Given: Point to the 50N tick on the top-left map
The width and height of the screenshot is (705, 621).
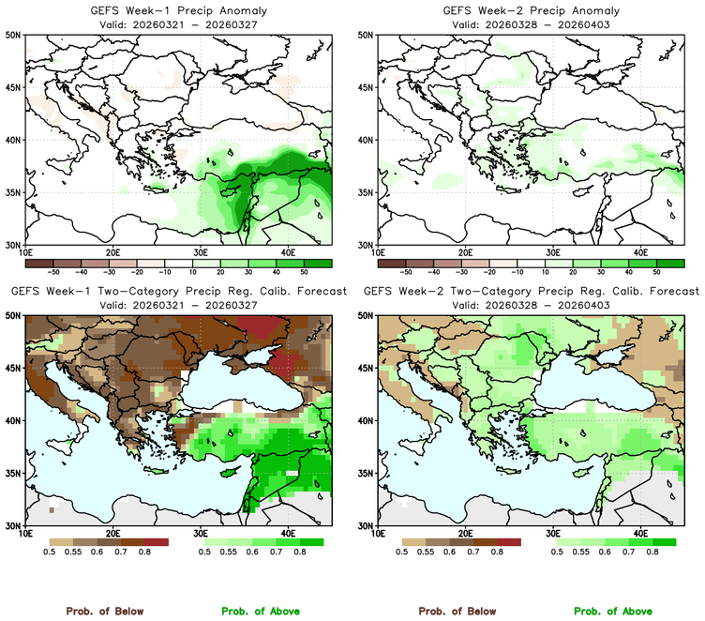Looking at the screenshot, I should [x=16, y=35].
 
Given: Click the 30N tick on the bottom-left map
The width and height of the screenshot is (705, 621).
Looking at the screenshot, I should [x=16, y=525].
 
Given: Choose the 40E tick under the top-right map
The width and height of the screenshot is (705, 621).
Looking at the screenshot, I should [x=641, y=252].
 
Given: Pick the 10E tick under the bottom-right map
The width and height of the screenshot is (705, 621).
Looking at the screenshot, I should [x=378, y=534].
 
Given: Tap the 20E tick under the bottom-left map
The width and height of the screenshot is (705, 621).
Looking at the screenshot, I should [x=112, y=534].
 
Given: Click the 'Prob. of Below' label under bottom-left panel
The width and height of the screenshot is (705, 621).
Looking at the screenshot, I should [x=104, y=611].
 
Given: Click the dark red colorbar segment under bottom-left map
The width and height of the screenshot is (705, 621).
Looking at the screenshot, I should [x=156, y=542].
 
